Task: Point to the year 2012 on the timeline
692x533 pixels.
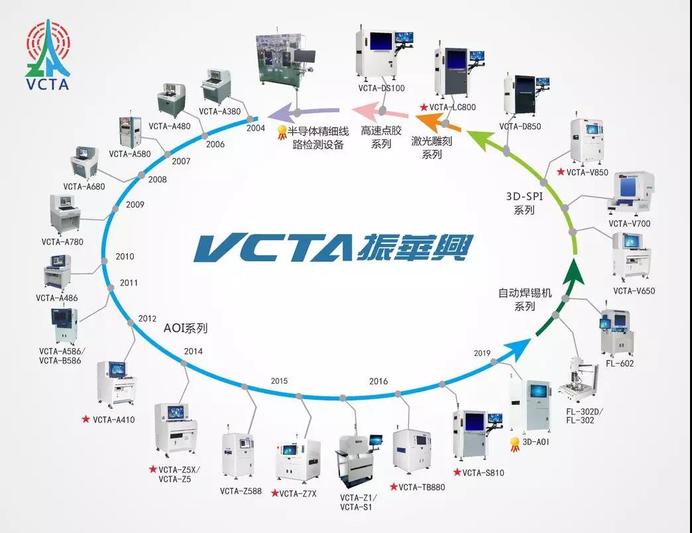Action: [147, 319]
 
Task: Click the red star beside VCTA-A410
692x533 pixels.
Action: [86, 420]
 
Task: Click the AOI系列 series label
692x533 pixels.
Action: [186, 327]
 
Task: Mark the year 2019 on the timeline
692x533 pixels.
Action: [482, 353]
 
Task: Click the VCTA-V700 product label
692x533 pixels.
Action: [629, 223]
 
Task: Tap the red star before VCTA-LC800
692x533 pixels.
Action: [423, 107]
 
